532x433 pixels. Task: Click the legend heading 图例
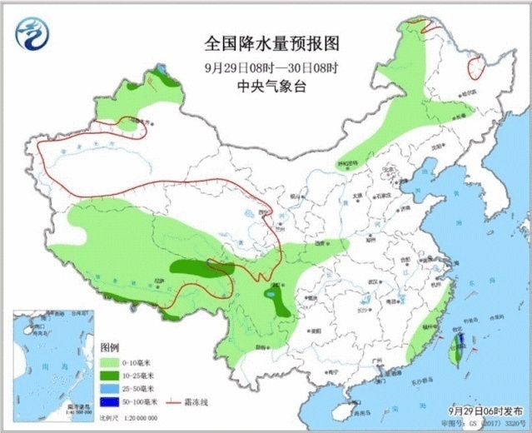click(110, 347)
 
